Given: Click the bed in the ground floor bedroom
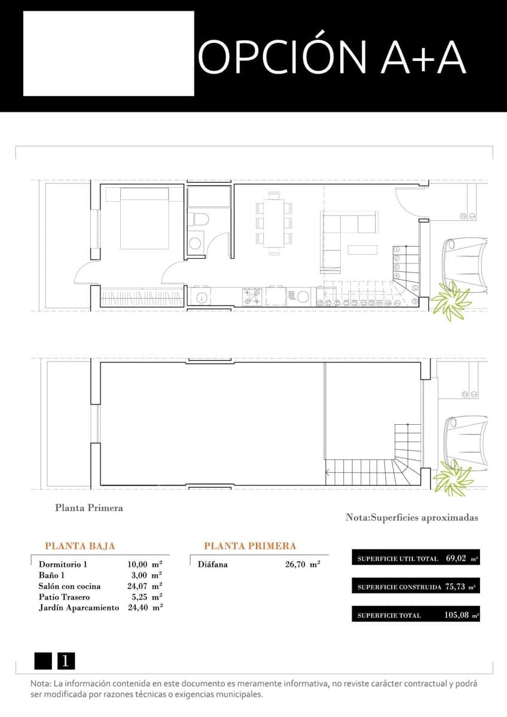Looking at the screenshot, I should pyautogui.click(x=144, y=218).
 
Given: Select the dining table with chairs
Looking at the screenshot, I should pyautogui.click(x=274, y=223).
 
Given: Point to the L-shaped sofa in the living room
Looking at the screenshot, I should pyautogui.click(x=344, y=233).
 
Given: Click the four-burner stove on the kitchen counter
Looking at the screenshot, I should pyautogui.click(x=252, y=296).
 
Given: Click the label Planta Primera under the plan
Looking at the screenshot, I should pyautogui.click(x=89, y=508).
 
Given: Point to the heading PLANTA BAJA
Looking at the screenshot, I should pyautogui.click(x=80, y=546).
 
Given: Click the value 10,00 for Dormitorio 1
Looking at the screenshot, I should pyautogui.click(x=138, y=564).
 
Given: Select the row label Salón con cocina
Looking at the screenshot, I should pyautogui.click(x=70, y=586).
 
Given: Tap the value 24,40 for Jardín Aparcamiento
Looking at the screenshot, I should pyautogui.click(x=138, y=608).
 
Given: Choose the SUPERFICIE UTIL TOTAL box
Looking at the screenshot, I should pyautogui.click(x=416, y=559).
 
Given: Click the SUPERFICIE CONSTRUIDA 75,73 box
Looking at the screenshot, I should pyautogui.click(x=416, y=587).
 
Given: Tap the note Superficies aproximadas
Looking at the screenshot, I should pyautogui.click(x=411, y=518).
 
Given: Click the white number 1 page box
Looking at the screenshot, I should pyautogui.click(x=66, y=661).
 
